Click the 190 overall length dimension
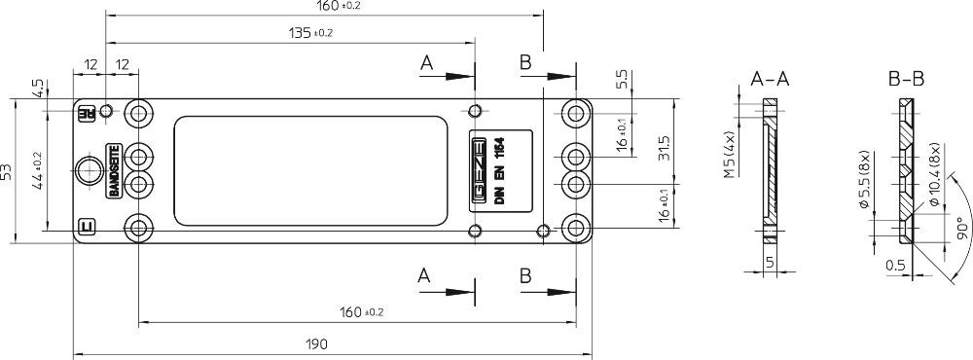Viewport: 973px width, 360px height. point(316,343)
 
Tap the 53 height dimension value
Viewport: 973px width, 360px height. point(6,171)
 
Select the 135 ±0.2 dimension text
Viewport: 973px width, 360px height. point(310,33)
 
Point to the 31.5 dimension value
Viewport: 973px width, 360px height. point(664,147)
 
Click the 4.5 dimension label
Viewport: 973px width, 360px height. point(39,89)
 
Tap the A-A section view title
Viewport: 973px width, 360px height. point(770,79)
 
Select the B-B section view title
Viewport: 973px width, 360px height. point(906,79)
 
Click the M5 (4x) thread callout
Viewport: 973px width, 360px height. point(729,155)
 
